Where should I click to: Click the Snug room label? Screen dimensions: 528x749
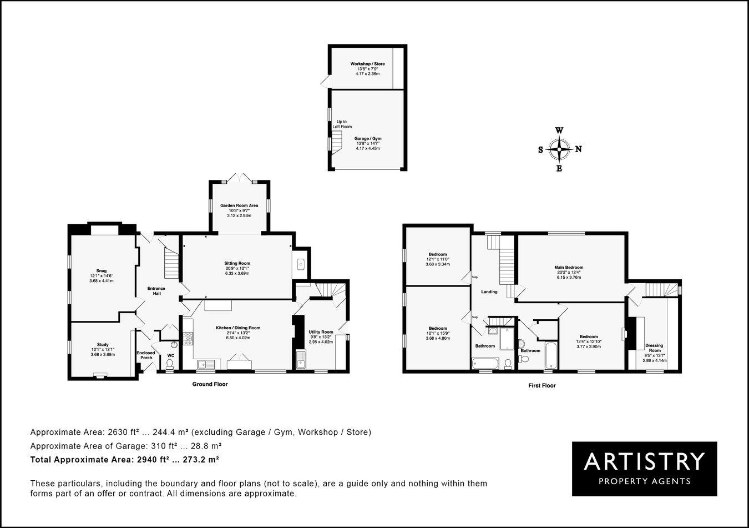(101, 271)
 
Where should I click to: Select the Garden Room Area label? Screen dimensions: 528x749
(239, 205)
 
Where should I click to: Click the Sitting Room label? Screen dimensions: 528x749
(237, 263)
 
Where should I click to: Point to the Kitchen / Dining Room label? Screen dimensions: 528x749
(237, 328)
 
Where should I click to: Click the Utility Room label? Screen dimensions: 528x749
(321, 332)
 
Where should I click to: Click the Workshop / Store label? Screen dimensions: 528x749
(367, 64)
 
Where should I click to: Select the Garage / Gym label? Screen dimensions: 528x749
(368, 139)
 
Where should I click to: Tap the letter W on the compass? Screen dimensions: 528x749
(560, 130)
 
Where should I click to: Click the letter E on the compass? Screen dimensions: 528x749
(559, 169)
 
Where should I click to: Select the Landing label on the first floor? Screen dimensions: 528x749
(489, 291)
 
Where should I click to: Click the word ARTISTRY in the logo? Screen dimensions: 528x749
(644, 461)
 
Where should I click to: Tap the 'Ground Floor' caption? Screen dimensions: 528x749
(210, 384)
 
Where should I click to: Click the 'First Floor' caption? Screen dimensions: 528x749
(541, 385)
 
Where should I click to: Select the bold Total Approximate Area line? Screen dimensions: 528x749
(125, 460)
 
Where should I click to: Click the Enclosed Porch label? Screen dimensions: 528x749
(146, 355)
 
